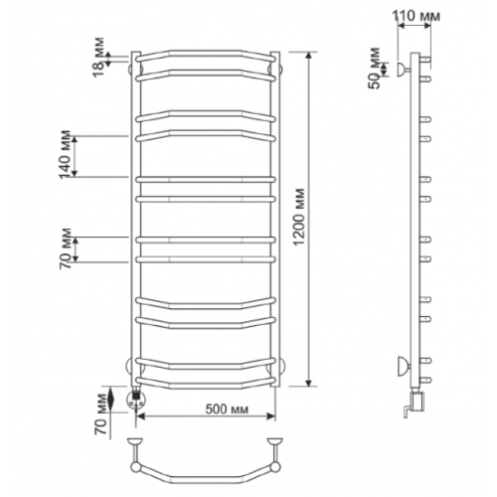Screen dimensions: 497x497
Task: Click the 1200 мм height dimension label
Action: pos(299,217)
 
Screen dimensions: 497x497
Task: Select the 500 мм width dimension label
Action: pos(227,410)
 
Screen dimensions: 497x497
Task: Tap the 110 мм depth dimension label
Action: pos(416,16)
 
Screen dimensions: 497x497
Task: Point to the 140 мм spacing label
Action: pos(65,154)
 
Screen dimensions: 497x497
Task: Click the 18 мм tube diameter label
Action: pos(98,58)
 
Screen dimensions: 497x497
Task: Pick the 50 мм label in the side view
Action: pos(375,69)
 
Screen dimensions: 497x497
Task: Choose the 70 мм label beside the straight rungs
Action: pos(66,248)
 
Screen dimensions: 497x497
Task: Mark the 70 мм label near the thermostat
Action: pos(101,414)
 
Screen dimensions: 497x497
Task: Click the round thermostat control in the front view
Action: pos(136,400)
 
